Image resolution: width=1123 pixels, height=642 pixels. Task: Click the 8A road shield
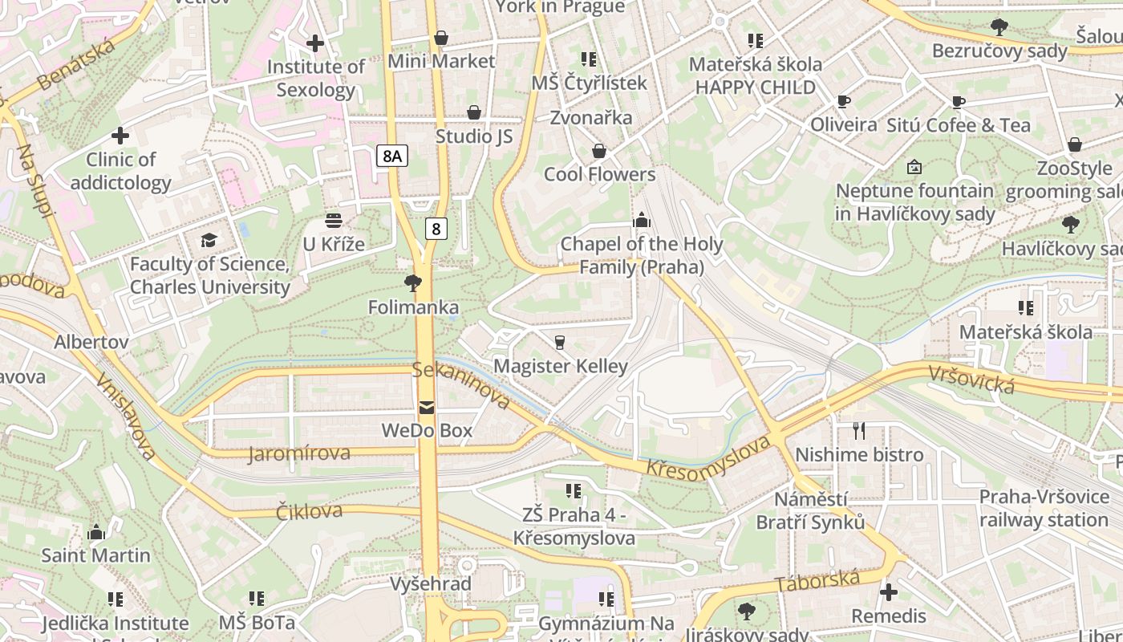[391, 156]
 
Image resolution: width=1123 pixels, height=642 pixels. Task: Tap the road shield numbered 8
[436, 229]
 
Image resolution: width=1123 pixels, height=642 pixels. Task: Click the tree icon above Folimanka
[413, 282]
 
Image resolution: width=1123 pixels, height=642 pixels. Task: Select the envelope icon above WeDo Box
[427, 408]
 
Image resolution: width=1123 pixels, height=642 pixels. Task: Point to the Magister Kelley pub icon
[560, 342]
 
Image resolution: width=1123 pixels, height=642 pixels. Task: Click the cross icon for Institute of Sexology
[315, 43]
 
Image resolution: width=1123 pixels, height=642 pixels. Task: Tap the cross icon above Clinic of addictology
[120, 136]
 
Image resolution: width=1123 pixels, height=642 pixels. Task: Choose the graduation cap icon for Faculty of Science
[209, 240]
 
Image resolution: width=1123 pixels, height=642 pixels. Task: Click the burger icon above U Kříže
[334, 220]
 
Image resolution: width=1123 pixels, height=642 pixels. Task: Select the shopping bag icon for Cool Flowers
[599, 151]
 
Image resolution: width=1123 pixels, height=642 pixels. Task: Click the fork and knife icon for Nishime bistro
[859, 431]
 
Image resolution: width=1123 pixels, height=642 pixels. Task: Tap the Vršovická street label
[972, 380]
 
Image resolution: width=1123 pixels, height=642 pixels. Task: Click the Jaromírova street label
[299, 453]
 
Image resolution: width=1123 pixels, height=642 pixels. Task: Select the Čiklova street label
[309, 511]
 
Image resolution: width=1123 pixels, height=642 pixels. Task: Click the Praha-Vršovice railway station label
[1043, 508]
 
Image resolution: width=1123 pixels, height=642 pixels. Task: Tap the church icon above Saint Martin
[96, 532]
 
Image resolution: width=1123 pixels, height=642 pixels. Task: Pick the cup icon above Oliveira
[843, 101]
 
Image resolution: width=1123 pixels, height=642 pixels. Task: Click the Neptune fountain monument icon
[914, 167]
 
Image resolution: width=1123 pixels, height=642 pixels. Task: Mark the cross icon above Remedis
[889, 592]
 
